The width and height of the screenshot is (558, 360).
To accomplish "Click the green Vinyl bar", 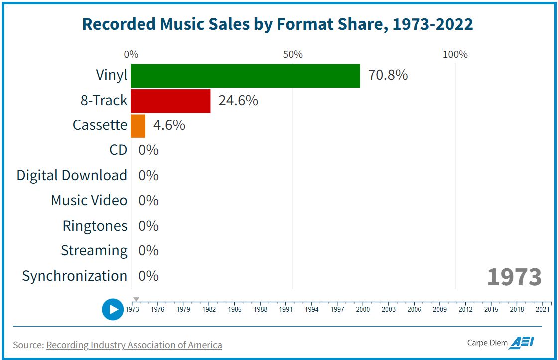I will click(x=245, y=76).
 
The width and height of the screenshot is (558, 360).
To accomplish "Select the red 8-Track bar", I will click(x=170, y=101).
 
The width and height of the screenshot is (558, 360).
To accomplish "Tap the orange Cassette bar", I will click(x=138, y=125).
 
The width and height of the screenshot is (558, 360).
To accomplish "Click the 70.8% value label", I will click(x=388, y=75).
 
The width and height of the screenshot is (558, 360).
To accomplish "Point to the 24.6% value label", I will click(x=238, y=101).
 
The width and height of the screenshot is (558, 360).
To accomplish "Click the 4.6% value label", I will click(x=169, y=125).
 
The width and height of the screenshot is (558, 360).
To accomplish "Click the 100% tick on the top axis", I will click(x=455, y=54).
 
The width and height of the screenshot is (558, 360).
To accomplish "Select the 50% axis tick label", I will click(x=293, y=54).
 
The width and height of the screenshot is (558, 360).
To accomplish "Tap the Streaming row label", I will click(x=94, y=250).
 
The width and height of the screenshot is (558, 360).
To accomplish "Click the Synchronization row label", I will click(x=75, y=276).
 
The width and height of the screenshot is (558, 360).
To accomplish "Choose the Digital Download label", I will click(x=72, y=175).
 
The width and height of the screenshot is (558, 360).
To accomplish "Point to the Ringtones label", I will click(x=95, y=226).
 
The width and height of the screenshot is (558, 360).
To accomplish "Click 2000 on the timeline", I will click(x=363, y=309).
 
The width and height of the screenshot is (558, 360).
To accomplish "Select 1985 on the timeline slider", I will click(x=235, y=309).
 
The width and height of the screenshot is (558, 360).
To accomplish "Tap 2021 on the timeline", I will click(x=543, y=309).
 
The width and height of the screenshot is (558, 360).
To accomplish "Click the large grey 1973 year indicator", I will click(x=514, y=277).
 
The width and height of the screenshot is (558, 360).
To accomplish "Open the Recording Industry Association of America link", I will click(x=134, y=345).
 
